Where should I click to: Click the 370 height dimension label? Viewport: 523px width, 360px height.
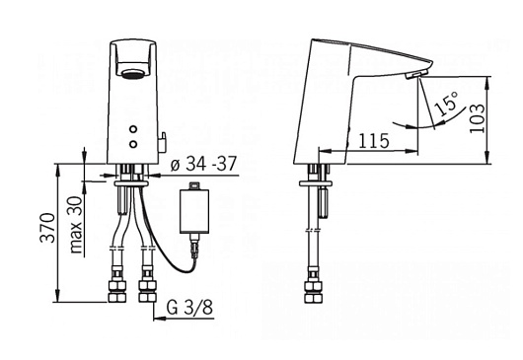[x=47, y=228]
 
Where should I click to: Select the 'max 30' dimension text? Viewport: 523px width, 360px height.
[x=76, y=225]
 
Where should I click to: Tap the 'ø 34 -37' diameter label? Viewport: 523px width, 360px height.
[x=203, y=164]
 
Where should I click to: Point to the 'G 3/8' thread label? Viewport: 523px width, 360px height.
[x=189, y=308]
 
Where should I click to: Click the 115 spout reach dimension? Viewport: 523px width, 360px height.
[x=374, y=141]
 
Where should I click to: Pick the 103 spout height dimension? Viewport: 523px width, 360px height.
[x=477, y=118]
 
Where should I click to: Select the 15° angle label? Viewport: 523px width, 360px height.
[x=447, y=104]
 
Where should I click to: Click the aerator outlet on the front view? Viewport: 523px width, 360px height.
[x=131, y=74]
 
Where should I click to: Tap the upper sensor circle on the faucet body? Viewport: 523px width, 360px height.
[x=133, y=129]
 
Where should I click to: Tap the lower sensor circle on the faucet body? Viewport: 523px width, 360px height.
[x=133, y=144]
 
